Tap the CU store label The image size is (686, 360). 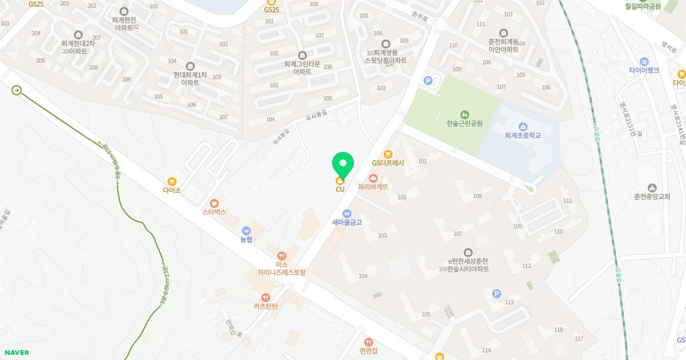point(340,189)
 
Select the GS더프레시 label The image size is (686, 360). point(388,163)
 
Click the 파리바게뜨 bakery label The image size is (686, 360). point(373,186)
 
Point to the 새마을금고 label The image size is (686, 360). point(347,222)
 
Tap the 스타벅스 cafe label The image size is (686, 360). point(214,211)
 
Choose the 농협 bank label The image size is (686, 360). point(246,239)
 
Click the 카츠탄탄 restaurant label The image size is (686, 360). point(266,306)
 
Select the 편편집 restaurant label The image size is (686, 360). point(369,350)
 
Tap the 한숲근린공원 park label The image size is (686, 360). point(465,123)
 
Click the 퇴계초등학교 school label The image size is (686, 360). point(523,135)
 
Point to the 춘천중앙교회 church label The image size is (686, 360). point(652,196)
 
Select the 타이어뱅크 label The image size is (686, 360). point(644,70)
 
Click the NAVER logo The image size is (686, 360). point(16,353)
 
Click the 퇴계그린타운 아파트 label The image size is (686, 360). point(302,68)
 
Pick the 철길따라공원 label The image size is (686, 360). point(643,6)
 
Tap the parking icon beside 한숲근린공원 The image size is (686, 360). point(428,81)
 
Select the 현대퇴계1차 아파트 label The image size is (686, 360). point(190,78)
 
